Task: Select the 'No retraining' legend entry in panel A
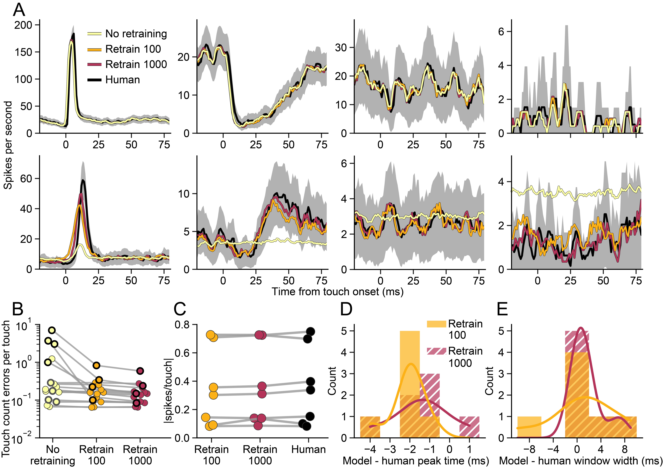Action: point(136,34)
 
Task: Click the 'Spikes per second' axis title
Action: point(8,145)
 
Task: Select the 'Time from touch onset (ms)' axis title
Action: point(337,292)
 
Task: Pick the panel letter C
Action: point(180,309)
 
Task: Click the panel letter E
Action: point(502,309)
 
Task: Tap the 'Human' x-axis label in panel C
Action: point(308,450)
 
